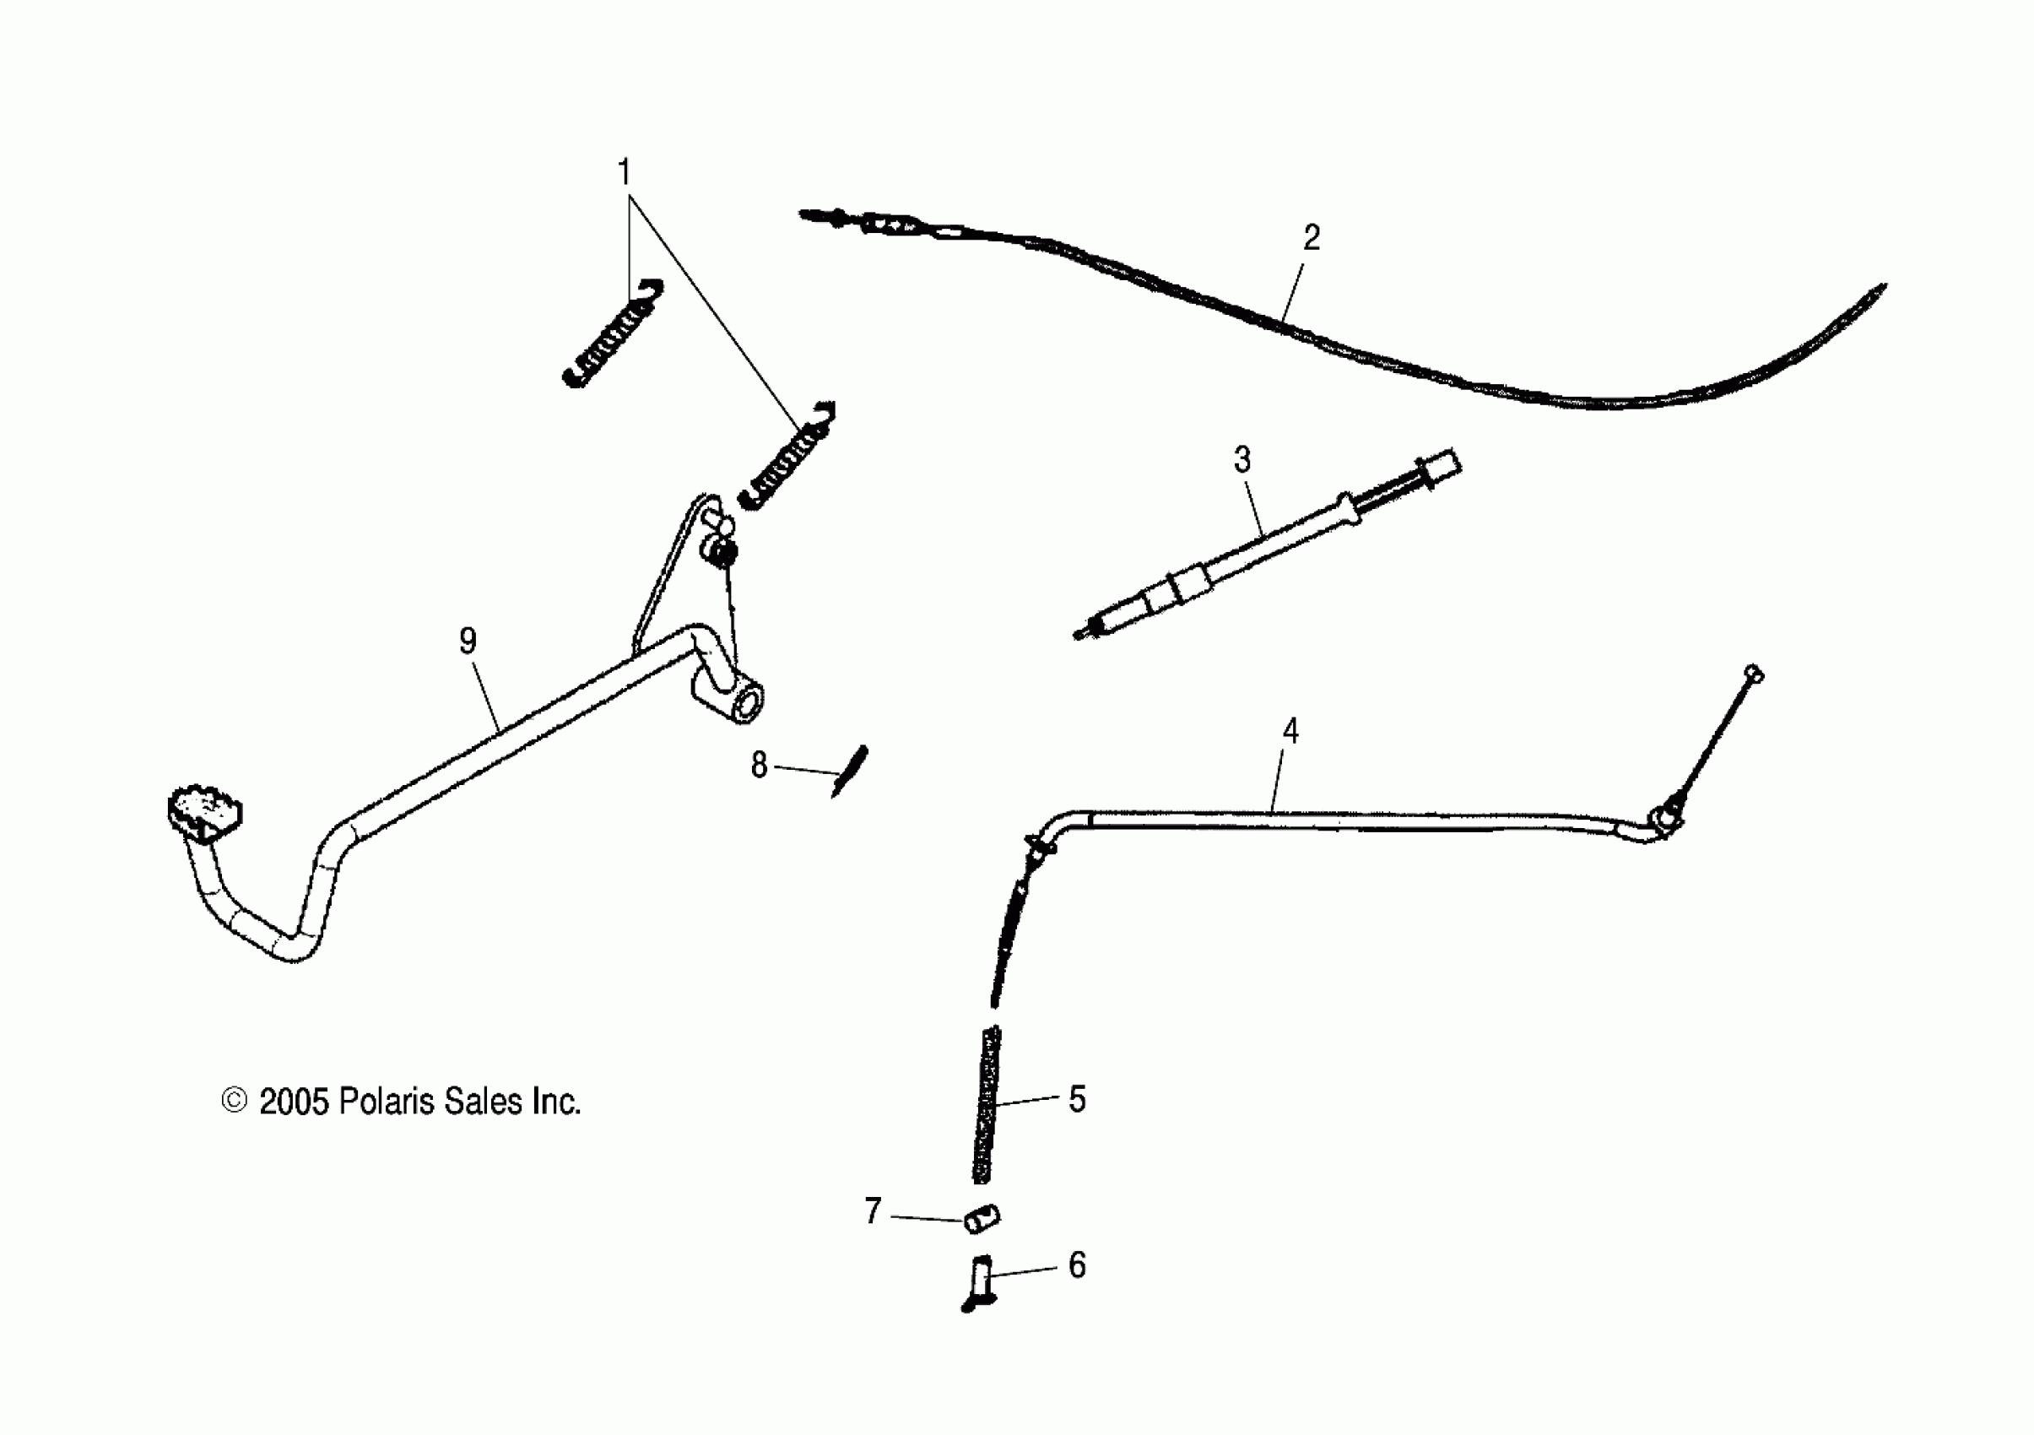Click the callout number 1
tap(625, 172)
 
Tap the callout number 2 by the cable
tap(1311, 237)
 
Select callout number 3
tap(1242, 461)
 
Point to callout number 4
tap(1290, 732)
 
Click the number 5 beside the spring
tap(1076, 1099)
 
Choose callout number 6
tap(1076, 1266)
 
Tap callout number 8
tap(759, 766)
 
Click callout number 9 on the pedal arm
tap(468, 641)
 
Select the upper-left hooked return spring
tap(613, 334)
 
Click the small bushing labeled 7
tap(982, 1218)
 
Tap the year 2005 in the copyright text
tap(293, 1102)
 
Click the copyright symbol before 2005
tap(234, 1101)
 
